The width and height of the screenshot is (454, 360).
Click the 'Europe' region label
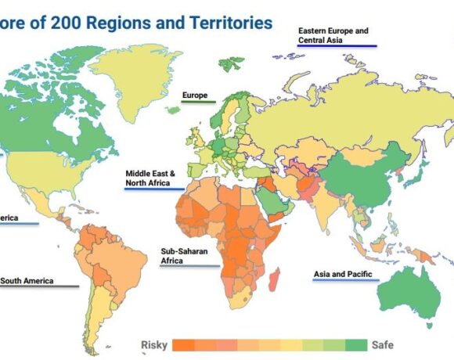coord(195,95)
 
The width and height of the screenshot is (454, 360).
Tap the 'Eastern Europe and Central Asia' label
coord(333,35)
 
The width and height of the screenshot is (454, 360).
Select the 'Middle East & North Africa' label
coord(151,178)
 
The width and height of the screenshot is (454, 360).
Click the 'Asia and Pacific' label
coord(342,275)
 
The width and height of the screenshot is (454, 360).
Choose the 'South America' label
coord(28,280)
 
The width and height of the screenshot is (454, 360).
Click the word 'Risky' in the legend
coord(154,345)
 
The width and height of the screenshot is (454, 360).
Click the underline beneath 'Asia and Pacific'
coord(344,283)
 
